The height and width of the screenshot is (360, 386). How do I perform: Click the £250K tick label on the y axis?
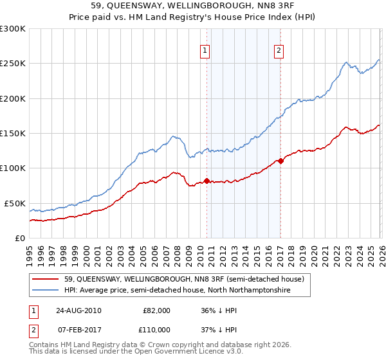tap(13, 64)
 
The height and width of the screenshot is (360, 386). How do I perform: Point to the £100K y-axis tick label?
tap(13, 168)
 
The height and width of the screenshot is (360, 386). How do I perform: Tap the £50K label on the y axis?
tap(15, 203)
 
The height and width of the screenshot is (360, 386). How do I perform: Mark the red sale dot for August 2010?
tap(207, 181)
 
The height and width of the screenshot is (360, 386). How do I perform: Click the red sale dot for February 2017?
tap(280, 161)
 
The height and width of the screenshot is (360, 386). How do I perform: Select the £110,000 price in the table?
tap(156, 329)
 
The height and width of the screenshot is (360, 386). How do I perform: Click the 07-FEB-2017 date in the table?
tap(77, 329)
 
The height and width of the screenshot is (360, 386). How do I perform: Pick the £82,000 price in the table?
tap(156, 310)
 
